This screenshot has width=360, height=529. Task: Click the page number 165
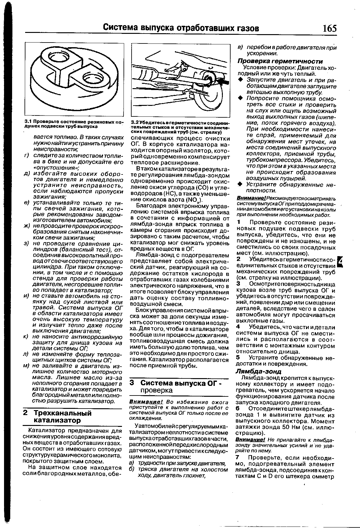(x=329, y=28)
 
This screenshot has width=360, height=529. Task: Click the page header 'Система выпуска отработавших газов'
(x=181, y=28)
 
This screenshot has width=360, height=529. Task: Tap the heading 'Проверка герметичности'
(x=280, y=61)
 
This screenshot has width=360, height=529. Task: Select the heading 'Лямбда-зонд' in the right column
(x=258, y=371)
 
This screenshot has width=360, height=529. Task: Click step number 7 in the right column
(x=238, y=458)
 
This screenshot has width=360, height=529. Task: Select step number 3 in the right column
(x=238, y=284)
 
